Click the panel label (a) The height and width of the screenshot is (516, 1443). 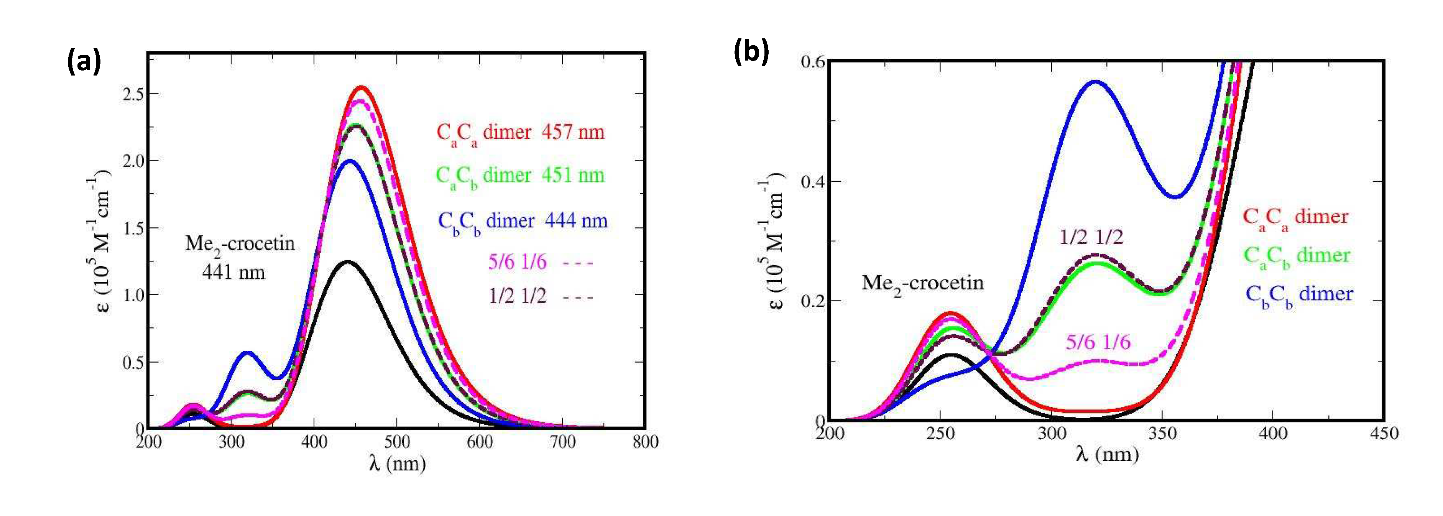point(84,61)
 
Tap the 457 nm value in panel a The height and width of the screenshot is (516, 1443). point(572,132)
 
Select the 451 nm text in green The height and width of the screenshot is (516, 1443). point(572,175)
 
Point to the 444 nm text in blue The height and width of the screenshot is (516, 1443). point(576,221)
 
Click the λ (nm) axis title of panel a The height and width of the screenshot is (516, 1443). point(397,464)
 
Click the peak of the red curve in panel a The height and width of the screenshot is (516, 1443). point(362,87)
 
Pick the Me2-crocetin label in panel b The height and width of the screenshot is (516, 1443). point(922,283)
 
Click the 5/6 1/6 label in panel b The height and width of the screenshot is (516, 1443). point(1098,342)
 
